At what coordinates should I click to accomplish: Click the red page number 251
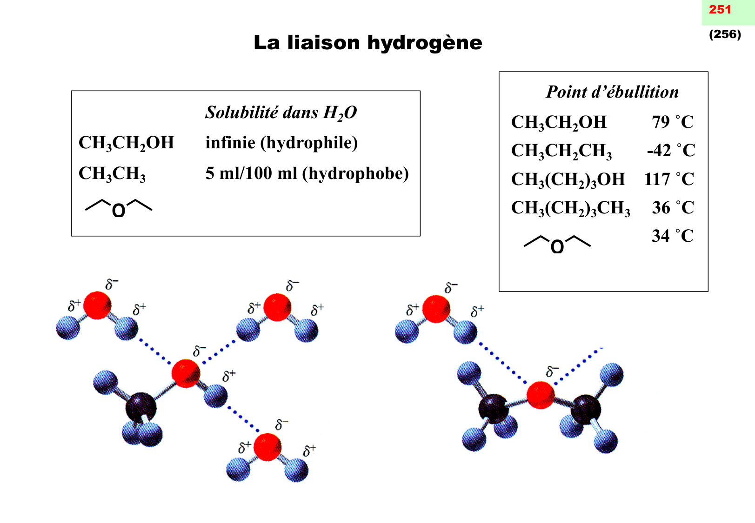(720, 9)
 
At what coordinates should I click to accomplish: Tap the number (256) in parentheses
(725, 34)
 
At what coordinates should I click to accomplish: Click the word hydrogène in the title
(424, 43)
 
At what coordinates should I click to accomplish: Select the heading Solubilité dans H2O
(281, 113)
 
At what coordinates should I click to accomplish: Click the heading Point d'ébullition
(612, 92)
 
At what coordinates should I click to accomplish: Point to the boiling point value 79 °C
(672, 122)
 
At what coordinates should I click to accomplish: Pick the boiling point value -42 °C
(671, 151)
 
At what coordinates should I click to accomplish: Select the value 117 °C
(669, 179)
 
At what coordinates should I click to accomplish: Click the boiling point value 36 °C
(673, 207)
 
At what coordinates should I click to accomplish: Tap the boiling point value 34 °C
(672, 236)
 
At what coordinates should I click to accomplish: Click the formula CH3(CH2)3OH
(568, 179)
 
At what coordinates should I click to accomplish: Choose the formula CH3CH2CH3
(561, 151)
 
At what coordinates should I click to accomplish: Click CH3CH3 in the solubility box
(112, 174)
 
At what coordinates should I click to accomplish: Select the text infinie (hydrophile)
(281, 143)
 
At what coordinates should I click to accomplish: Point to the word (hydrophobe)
(355, 173)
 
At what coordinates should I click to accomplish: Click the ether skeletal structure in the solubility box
(119, 208)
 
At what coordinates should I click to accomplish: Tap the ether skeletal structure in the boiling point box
(557, 244)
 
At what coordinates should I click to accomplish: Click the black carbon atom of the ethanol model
(140, 407)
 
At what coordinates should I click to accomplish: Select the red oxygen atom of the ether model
(541, 395)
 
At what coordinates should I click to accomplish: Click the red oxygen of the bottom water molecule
(267, 447)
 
